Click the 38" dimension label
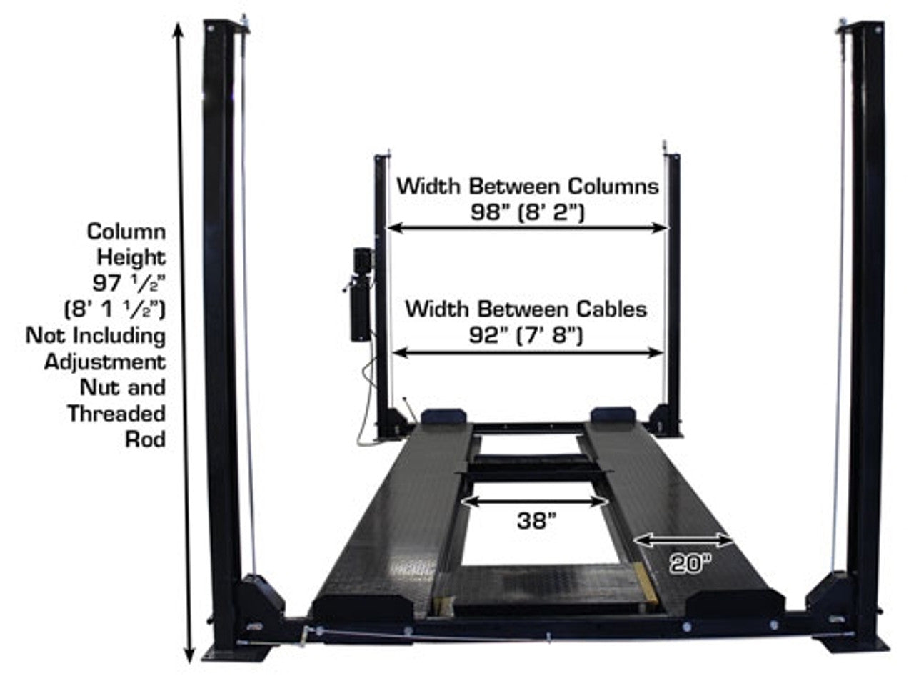point(536,521)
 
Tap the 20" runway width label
point(690,564)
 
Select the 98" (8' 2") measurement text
point(527,212)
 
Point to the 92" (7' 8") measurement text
point(526,335)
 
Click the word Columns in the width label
point(613,186)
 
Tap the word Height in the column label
point(131,257)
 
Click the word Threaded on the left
point(116,414)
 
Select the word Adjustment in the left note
point(105,362)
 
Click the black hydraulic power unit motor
point(361,294)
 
